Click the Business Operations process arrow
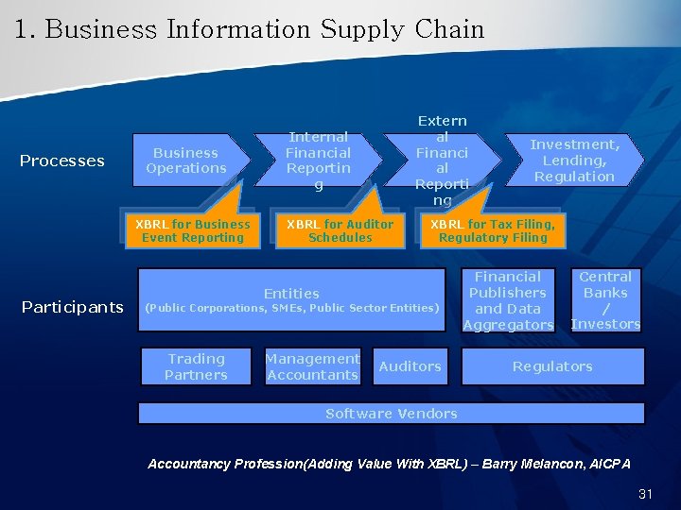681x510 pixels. [x=186, y=161]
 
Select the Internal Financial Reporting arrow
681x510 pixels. [x=319, y=161]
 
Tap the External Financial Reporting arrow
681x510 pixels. [x=442, y=161]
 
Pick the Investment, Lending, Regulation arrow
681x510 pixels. [x=574, y=161]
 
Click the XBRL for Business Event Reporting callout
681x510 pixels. [x=192, y=231]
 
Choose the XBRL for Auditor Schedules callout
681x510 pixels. [x=340, y=231]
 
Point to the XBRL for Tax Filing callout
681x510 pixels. [x=493, y=231]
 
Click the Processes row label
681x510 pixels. [x=62, y=161]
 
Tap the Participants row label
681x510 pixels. [x=73, y=307]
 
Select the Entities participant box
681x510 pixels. [x=291, y=300]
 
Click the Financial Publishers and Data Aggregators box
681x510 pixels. [x=508, y=300]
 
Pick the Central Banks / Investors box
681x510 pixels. [x=605, y=300]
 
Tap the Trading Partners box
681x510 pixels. [x=197, y=366]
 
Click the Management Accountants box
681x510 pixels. [x=312, y=366]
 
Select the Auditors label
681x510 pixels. [x=410, y=366]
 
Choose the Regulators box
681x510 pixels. [x=552, y=366]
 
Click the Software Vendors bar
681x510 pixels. [x=391, y=414]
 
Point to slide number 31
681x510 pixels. [x=646, y=494]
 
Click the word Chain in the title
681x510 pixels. [x=449, y=29]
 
